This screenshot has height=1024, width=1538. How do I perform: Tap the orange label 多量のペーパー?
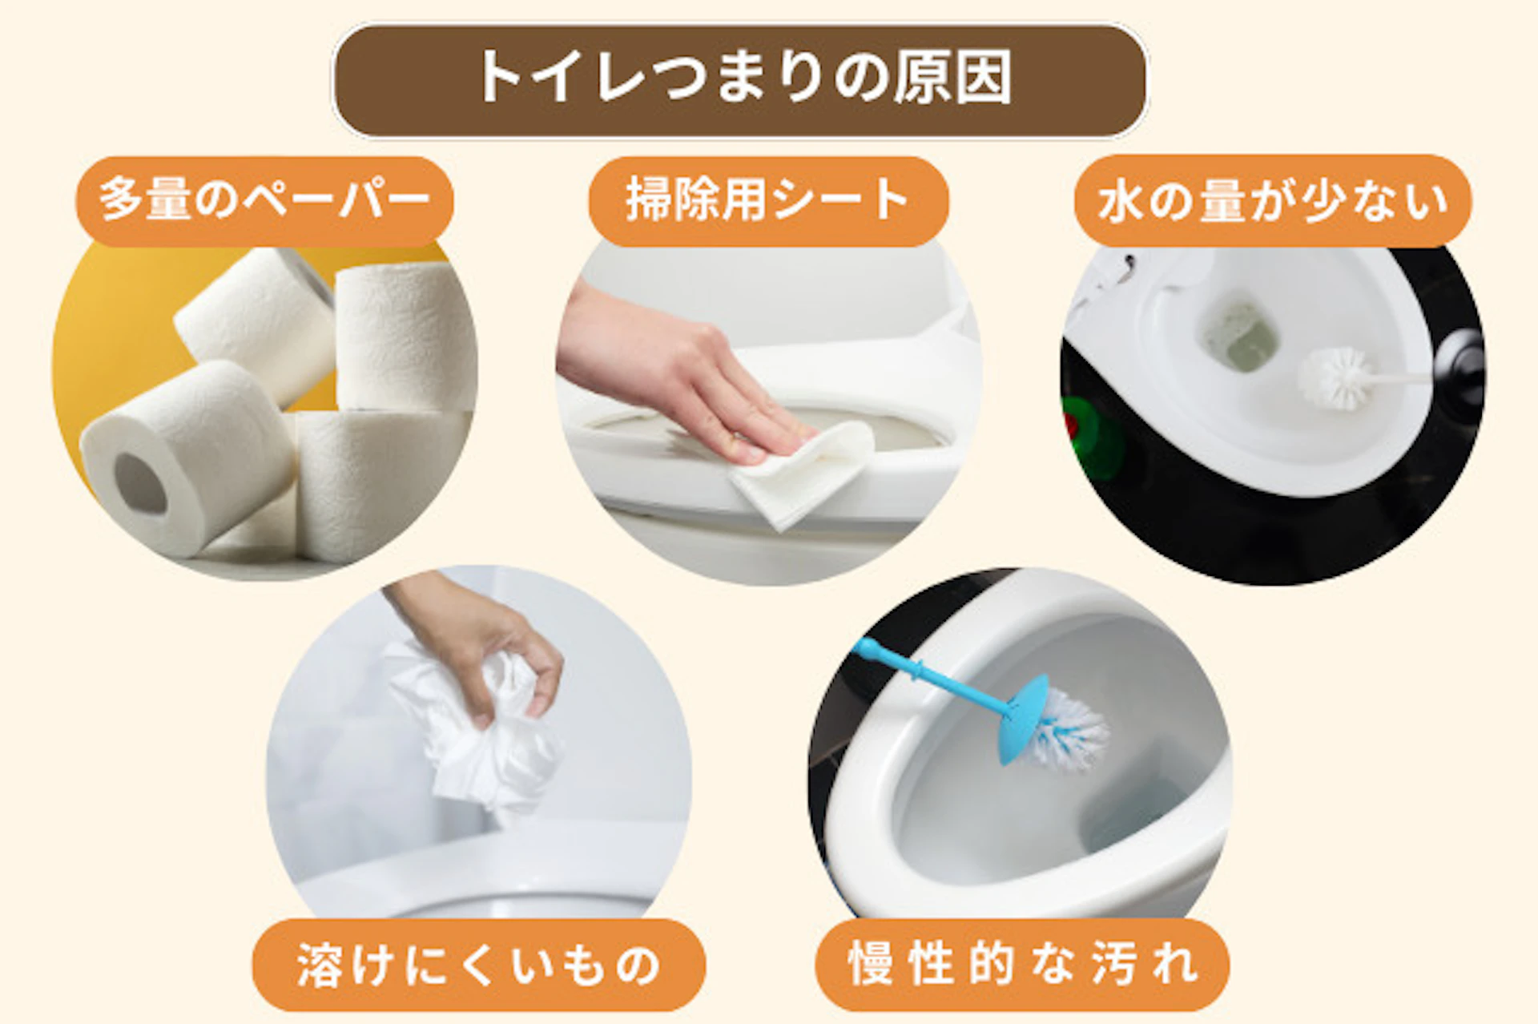tap(264, 200)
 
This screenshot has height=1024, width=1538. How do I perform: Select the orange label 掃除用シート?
tap(767, 200)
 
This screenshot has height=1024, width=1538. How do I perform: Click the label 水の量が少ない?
tap(1272, 200)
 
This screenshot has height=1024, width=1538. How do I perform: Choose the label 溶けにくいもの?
tap(478, 964)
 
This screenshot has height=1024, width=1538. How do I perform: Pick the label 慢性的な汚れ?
tap(1022, 964)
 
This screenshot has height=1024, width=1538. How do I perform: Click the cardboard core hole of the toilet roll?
tap(140, 483)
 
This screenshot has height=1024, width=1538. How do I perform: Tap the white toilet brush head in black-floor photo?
tap(1333, 378)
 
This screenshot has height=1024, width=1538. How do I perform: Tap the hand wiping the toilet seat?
tap(689, 377)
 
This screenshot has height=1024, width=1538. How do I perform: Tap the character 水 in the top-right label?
tap(1119, 202)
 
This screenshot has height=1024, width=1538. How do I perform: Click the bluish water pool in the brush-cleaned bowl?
tap(1137, 809)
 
